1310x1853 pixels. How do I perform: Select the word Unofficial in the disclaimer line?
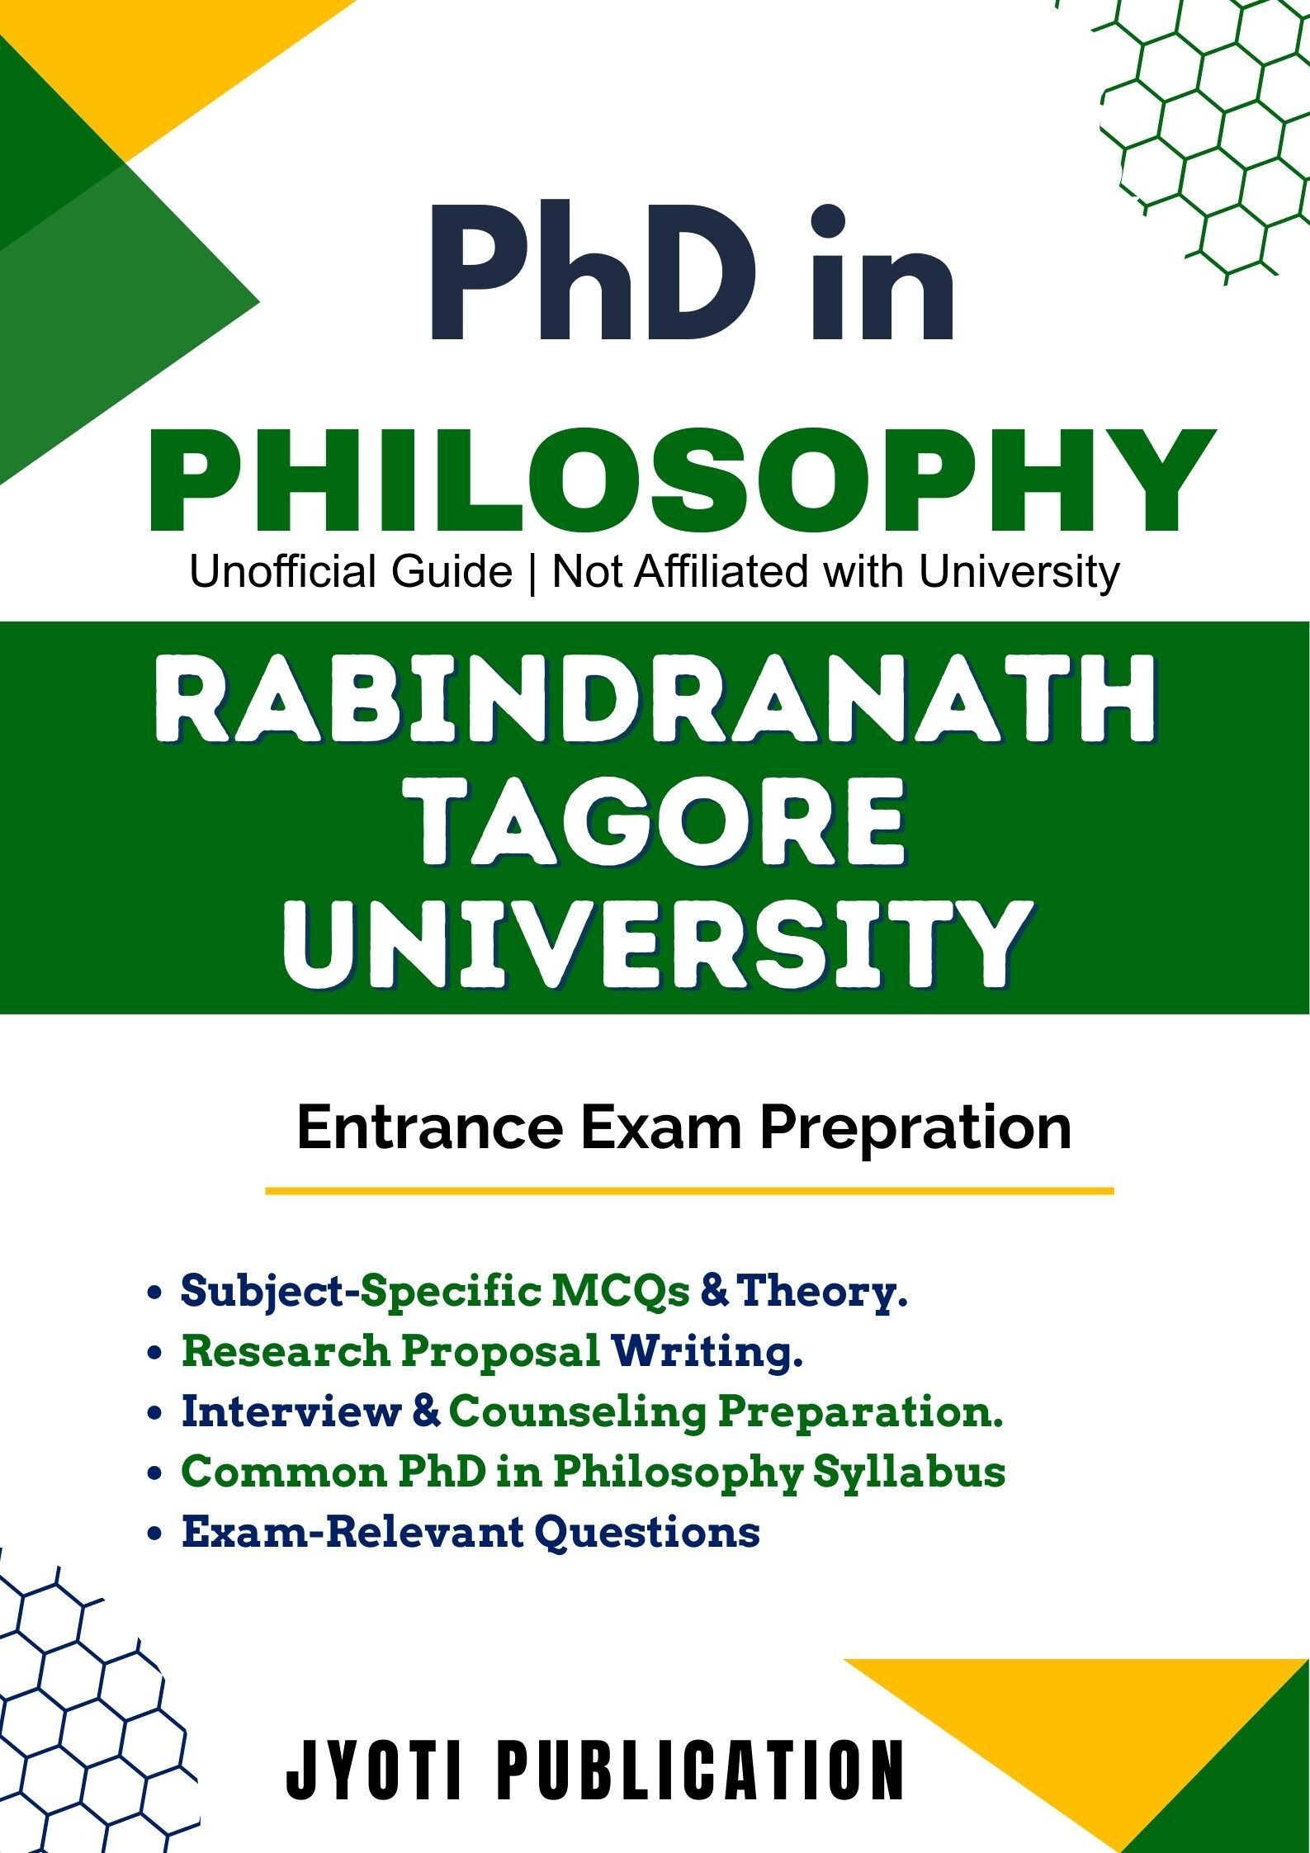(352, 571)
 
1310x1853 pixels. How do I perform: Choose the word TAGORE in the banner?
(656, 828)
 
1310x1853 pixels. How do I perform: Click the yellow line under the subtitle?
(689, 1191)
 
